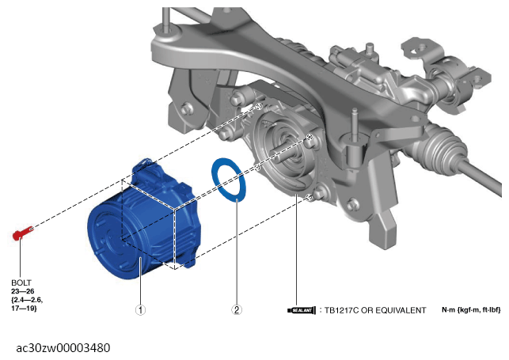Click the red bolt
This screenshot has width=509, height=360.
(x=22, y=233)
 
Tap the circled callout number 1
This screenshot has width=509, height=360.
(x=140, y=309)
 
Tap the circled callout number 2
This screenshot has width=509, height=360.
(x=237, y=309)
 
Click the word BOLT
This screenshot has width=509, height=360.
(x=21, y=282)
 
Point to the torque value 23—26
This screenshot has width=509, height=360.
(x=23, y=291)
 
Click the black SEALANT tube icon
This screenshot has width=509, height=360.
(x=302, y=310)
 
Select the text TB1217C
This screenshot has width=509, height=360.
(x=341, y=310)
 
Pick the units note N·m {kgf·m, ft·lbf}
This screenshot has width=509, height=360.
(x=471, y=309)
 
